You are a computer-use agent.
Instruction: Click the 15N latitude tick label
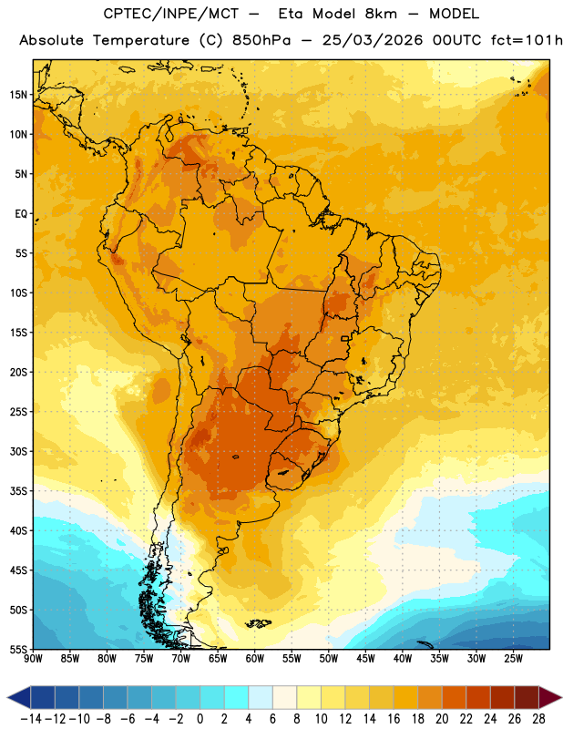(x=18, y=95)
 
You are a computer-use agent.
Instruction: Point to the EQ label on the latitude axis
(x=21, y=214)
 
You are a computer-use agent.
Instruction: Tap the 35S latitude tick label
(x=18, y=491)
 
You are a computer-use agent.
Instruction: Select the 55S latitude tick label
(x=18, y=649)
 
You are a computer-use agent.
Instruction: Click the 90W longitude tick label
(x=33, y=658)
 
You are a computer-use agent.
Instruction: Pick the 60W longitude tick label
(x=255, y=658)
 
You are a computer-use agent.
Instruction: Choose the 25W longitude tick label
(x=513, y=658)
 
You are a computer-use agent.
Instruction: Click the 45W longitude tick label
(x=365, y=658)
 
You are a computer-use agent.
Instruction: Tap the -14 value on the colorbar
(x=31, y=719)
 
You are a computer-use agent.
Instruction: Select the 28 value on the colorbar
(x=538, y=719)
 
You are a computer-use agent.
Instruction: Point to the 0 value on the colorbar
(x=200, y=719)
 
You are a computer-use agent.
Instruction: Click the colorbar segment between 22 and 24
(x=478, y=697)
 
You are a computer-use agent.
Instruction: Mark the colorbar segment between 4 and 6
(x=261, y=697)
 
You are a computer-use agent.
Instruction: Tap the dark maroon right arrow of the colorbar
(x=550, y=697)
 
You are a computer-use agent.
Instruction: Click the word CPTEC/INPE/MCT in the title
(x=171, y=14)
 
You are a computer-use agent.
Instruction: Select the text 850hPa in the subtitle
(x=261, y=40)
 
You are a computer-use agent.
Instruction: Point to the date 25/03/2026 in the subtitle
(x=373, y=40)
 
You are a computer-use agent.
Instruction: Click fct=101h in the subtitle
(x=527, y=40)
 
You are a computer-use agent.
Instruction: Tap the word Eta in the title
(x=292, y=14)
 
